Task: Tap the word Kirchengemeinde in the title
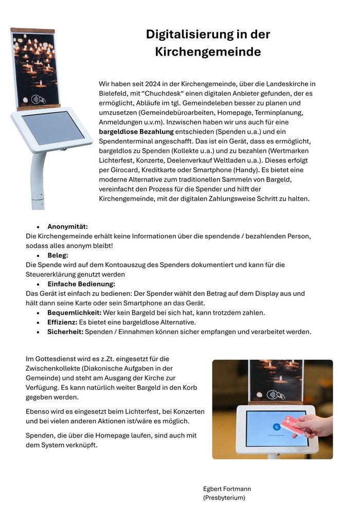208,52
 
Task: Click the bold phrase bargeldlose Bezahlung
136,132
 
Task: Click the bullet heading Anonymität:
67,227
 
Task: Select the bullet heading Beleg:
58,255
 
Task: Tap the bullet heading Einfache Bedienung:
81,284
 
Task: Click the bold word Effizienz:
62,322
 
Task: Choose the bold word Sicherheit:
65,332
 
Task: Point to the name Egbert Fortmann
227,489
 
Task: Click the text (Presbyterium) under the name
224,498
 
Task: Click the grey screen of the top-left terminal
53,128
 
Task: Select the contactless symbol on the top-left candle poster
37,99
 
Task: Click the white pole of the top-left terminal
38,180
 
